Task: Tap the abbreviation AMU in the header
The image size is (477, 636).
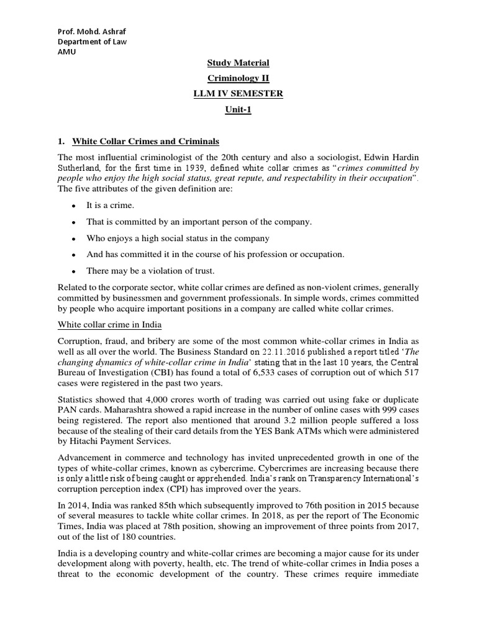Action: point(65,52)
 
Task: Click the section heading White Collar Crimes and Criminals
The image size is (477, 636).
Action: point(145,141)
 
